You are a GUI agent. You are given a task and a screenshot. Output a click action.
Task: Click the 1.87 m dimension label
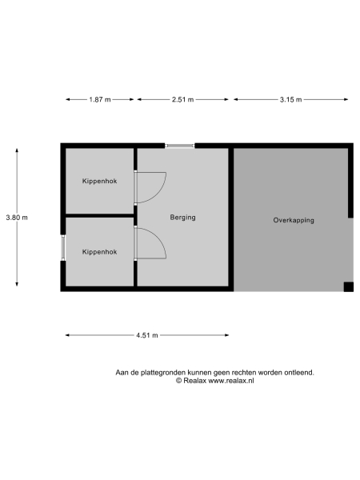pos(100,99)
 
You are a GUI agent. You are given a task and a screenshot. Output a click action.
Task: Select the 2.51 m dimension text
pos(183,99)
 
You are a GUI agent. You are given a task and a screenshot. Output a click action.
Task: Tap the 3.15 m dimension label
pos(290,99)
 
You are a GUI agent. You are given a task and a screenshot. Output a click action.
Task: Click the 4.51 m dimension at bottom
pos(147,335)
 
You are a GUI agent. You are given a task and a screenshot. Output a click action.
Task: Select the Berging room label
pos(183,217)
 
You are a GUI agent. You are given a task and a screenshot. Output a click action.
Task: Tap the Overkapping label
pos(294,219)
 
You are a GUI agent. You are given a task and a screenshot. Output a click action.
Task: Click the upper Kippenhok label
pos(99,182)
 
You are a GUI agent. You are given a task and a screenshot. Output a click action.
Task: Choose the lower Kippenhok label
pos(99,252)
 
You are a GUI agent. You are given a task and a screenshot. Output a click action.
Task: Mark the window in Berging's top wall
pos(180,146)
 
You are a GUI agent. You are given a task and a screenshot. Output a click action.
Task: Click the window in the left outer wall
pos(63,246)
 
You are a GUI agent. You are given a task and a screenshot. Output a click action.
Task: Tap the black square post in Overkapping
pos(348,286)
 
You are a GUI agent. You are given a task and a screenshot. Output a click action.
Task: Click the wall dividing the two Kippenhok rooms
pos(99,216)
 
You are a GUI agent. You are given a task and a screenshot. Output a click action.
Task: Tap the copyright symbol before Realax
pos(179,381)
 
